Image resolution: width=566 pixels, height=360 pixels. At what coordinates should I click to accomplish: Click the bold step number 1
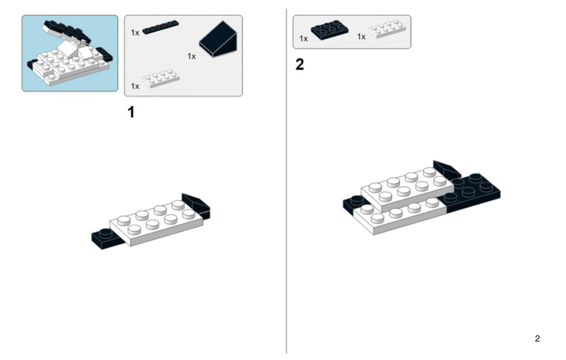(x=131, y=112)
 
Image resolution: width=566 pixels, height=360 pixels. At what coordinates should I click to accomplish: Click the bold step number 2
(x=300, y=64)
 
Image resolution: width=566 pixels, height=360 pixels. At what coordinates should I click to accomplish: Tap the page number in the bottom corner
(x=538, y=338)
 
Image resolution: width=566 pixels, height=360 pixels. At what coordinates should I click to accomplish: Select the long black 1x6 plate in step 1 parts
(x=161, y=27)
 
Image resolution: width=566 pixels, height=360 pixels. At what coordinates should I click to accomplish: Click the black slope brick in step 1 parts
(x=218, y=39)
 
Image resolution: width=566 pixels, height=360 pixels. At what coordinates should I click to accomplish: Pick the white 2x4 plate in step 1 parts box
(x=161, y=79)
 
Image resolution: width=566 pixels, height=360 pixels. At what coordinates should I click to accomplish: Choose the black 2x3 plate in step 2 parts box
(x=329, y=30)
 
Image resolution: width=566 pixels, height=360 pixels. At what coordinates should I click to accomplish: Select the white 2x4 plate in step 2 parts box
(x=387, y=29)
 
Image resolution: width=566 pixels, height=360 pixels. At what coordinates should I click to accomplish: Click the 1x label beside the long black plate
(x=135, y=33)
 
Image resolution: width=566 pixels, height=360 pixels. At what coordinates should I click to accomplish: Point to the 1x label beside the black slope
(x=192, y=56)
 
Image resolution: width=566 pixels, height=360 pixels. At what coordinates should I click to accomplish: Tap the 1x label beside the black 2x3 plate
(x=303, y=39)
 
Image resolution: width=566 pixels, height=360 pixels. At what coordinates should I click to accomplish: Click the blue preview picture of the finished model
(x=70, y=53)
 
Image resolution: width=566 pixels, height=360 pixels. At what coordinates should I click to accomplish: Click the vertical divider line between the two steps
(x=287, y=181)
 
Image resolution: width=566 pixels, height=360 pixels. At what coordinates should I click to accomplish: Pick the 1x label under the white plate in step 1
(x=135, y=86)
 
